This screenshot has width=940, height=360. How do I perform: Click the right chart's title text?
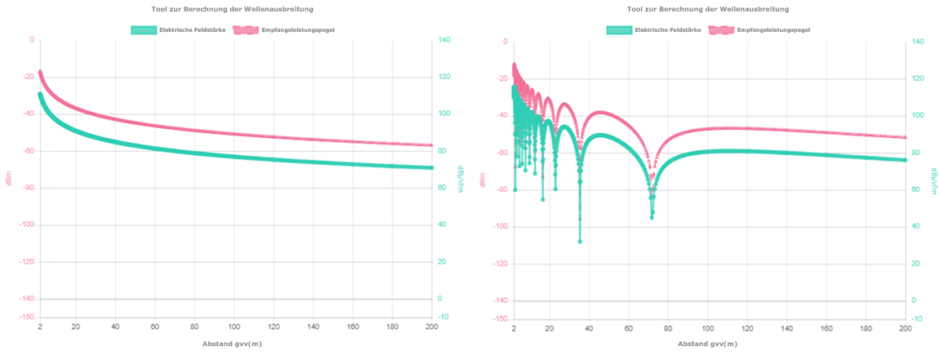[x=707, y=9]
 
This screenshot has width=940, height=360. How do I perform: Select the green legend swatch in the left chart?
[x=144, y=30]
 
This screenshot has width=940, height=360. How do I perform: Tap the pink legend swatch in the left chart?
[x=244, y=30]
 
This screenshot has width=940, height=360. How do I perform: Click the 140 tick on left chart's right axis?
[x=445, y=40]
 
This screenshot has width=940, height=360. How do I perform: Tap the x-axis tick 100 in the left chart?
[x=235, y=327]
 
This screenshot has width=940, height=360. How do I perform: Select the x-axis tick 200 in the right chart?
[x=905, y=328]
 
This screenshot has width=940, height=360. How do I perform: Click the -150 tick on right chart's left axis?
[x=500, y=319]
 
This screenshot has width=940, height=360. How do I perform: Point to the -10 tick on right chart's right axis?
[x=919, y=319]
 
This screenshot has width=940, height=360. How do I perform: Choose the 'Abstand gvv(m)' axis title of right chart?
[x=707, y=344]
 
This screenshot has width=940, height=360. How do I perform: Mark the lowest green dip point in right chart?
[x=580, y=242]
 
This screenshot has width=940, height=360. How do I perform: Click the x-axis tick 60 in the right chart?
[x=628, y=328]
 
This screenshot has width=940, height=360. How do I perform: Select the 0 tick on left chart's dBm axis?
[x=32, y=40]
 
